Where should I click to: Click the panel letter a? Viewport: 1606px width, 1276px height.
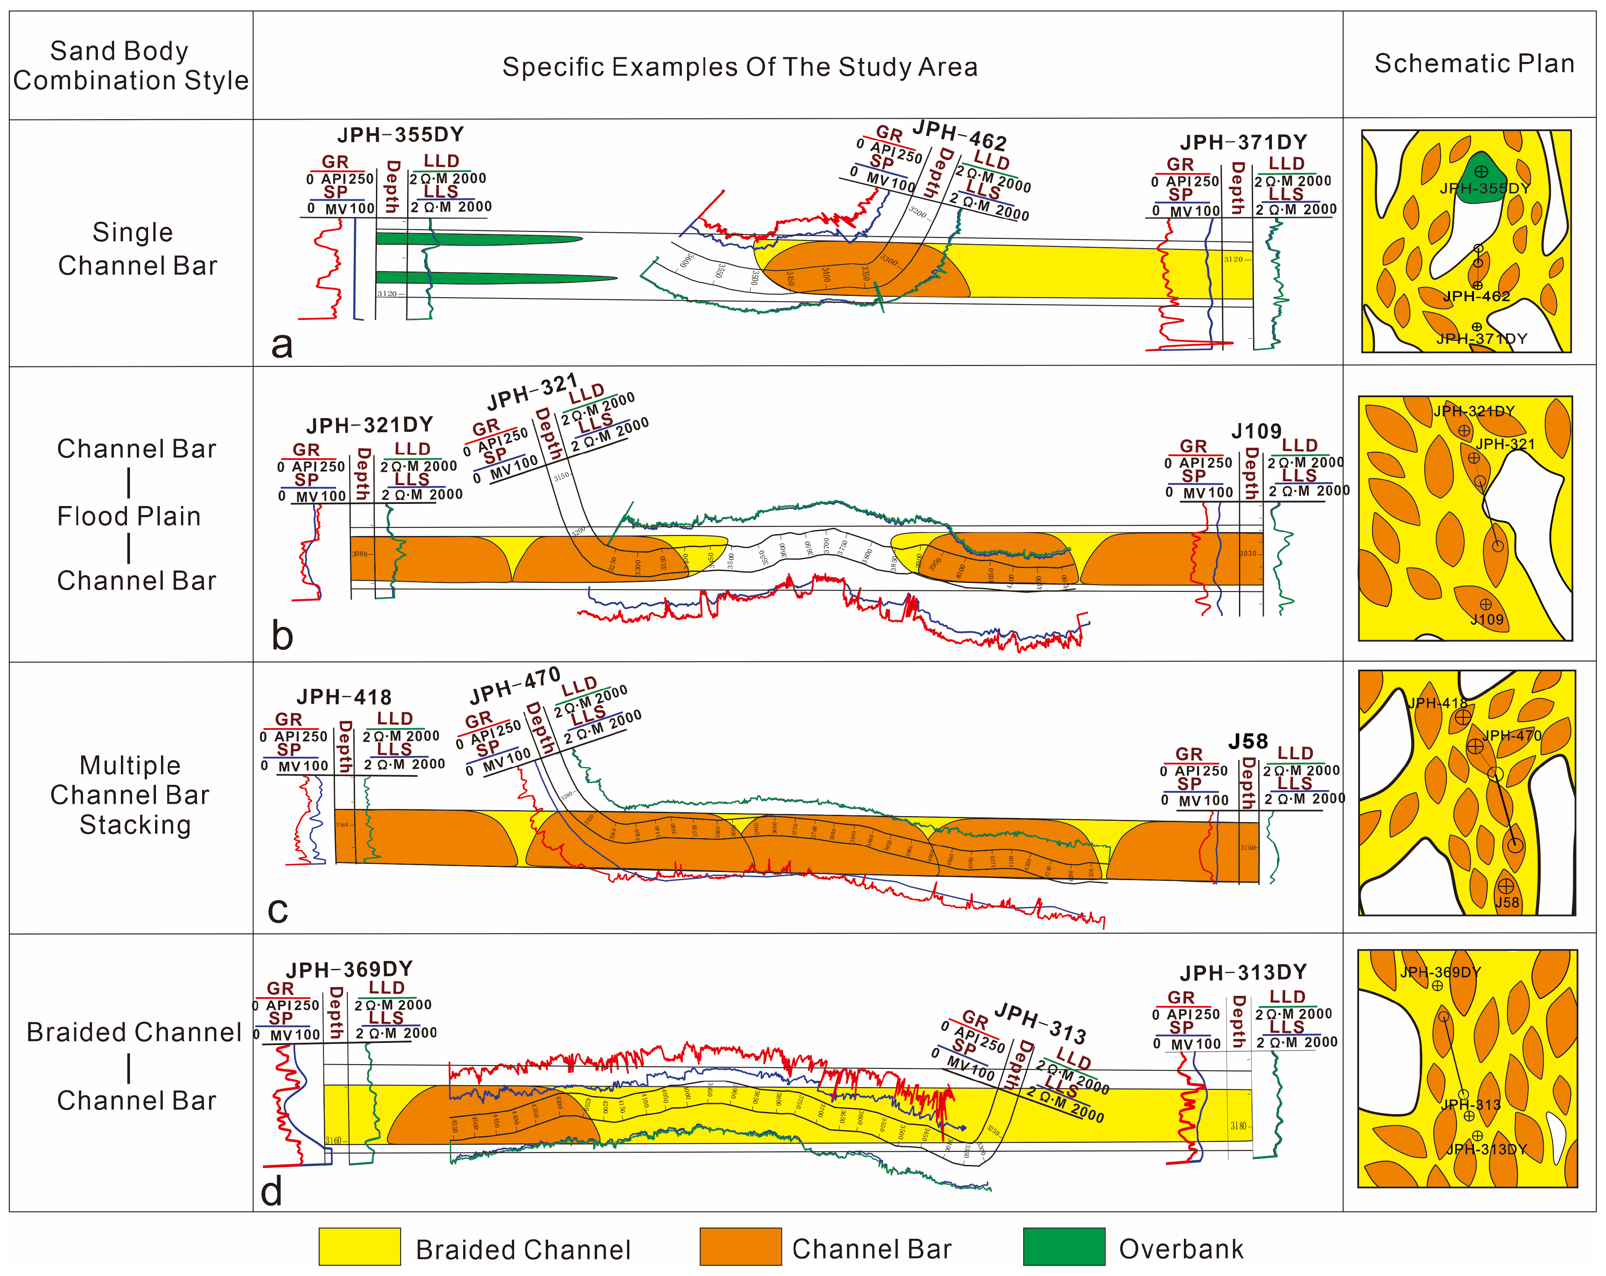coord(282,344)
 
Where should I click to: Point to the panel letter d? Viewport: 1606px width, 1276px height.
coord(272,1191)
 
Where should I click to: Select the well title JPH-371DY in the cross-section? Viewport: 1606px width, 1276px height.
coord(1243,142)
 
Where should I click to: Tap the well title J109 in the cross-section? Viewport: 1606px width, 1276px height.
coord(1256,431)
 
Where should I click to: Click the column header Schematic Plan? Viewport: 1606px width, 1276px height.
coord(1474,64)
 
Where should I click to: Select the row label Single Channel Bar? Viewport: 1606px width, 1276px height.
coord(134,249)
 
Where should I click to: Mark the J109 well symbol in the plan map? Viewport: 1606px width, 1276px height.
coord(1486,605)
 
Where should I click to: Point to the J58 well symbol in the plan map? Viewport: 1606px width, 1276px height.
coord(1506,886)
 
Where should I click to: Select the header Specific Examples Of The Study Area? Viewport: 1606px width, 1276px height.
coord(740,67)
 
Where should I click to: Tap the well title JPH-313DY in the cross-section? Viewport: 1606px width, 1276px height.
coord(1243,972)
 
